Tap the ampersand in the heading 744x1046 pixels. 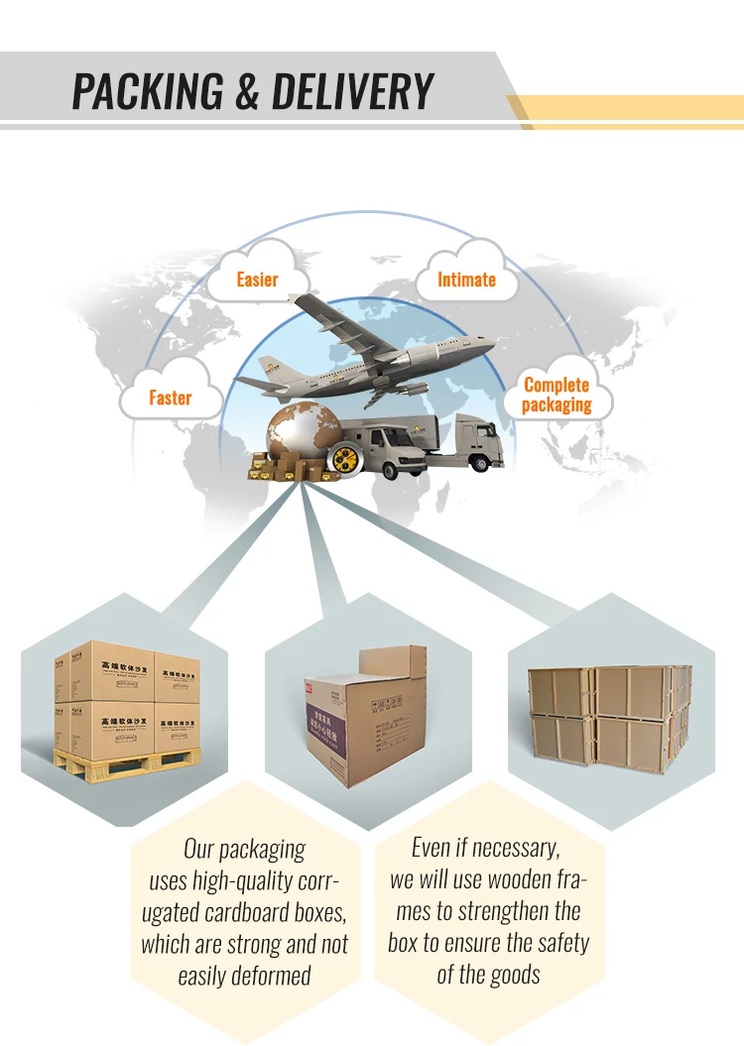(x=251, y=91)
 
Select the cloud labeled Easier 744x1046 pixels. (x=257, y=280)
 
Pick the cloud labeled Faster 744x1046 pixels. (x=170, y=397)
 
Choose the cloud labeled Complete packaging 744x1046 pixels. (x=557, y=395)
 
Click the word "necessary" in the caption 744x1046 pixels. (x=516, y=848)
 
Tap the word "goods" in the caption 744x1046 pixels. (x=514, y=974)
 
